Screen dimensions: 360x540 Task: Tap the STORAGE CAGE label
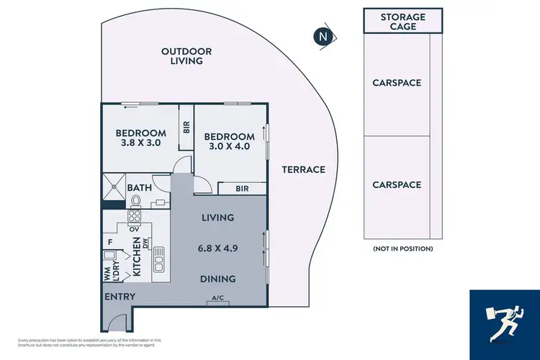[402, 22]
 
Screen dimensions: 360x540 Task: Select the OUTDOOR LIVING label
[186, 56]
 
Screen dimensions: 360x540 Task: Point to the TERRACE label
[303, 170]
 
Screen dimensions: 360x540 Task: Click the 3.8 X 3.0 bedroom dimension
[141, 143]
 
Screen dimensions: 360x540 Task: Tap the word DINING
[218, 279]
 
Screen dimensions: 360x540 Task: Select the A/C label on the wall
[217, 299]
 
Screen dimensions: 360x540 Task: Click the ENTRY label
[119, 297]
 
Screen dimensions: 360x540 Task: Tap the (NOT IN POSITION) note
[402, 248]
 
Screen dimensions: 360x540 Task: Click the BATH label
[140, 188]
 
